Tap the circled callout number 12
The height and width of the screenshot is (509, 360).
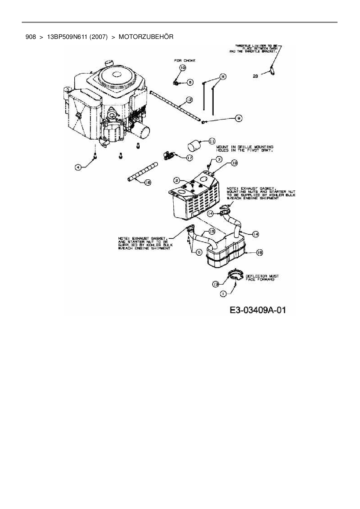pos(189,100)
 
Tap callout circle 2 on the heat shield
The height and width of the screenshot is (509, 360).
pos(177,181)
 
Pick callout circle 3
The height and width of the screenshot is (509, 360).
pos(219,159)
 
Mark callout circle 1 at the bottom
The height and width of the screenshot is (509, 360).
pos(223,294)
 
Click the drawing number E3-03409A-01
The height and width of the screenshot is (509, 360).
pos(258,310)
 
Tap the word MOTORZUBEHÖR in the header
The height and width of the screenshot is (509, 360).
pos(146,37)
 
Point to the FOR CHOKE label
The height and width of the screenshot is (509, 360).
pos(185,61)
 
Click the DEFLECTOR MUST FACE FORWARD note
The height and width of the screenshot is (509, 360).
pos(262,278)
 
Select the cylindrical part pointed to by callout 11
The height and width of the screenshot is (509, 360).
pos(194,145)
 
